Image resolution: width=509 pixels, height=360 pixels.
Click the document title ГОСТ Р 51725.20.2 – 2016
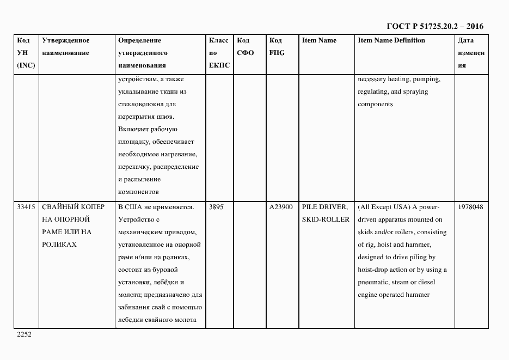pos(434,26)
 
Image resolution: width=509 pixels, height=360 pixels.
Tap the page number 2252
pos(24,334)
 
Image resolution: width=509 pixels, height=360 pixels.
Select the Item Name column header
pos(319,40)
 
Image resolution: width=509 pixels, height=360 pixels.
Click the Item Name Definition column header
pos(391,40)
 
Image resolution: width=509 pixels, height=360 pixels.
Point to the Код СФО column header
pos(246,47)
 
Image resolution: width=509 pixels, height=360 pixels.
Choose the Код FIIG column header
pos(277,47)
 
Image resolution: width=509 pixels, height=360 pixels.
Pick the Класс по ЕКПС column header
pos(219,53)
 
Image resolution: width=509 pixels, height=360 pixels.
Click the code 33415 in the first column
pos(26,207)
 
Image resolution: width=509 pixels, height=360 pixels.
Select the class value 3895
pos(216,207)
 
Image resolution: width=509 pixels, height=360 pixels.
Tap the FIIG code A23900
pos(281,207)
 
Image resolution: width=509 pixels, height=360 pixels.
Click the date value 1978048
pos(471,207)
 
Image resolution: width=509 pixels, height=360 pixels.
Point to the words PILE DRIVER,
pos(324,207)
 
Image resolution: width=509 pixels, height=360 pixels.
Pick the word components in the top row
pos(375,104)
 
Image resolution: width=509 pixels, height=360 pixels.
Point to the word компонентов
pos(138,192)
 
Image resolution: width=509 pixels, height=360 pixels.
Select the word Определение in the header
pos(139,40)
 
